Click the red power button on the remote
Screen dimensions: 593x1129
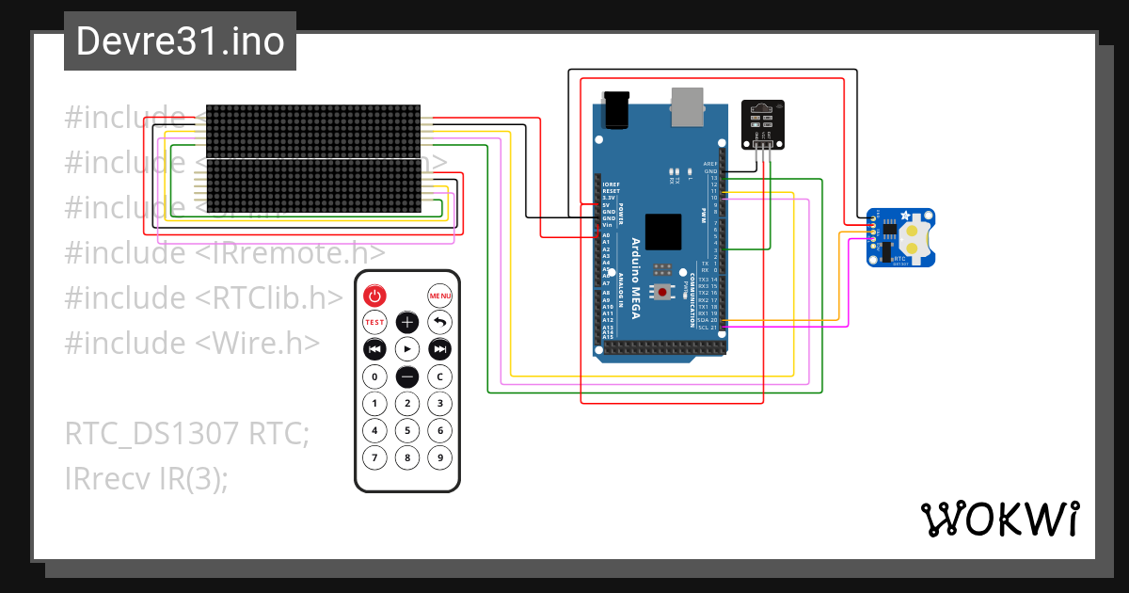(x=374, y=296)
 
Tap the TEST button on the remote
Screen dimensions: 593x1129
(x=374, y=323)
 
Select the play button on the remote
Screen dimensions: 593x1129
(x=406, y=349)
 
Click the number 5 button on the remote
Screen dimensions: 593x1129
(x=406, y=431)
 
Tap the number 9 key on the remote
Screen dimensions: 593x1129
(x=439, y=458)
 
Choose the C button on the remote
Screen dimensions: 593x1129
(x=439, y=377)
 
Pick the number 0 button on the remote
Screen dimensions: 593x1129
(x=374, y=377)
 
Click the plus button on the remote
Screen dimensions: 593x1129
(x=406, y=323)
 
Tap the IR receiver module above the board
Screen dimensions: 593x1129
(x=760, y=120)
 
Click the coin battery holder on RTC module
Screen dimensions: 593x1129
(x=914, y=236)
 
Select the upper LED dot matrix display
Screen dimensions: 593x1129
(x=312, y=131)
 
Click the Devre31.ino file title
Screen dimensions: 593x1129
(x=180, y=41)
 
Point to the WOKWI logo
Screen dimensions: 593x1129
(x=999, y=520)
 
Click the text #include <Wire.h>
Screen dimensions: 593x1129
(x=192, y=343)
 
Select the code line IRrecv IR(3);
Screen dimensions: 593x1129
(x=147, y=479)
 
